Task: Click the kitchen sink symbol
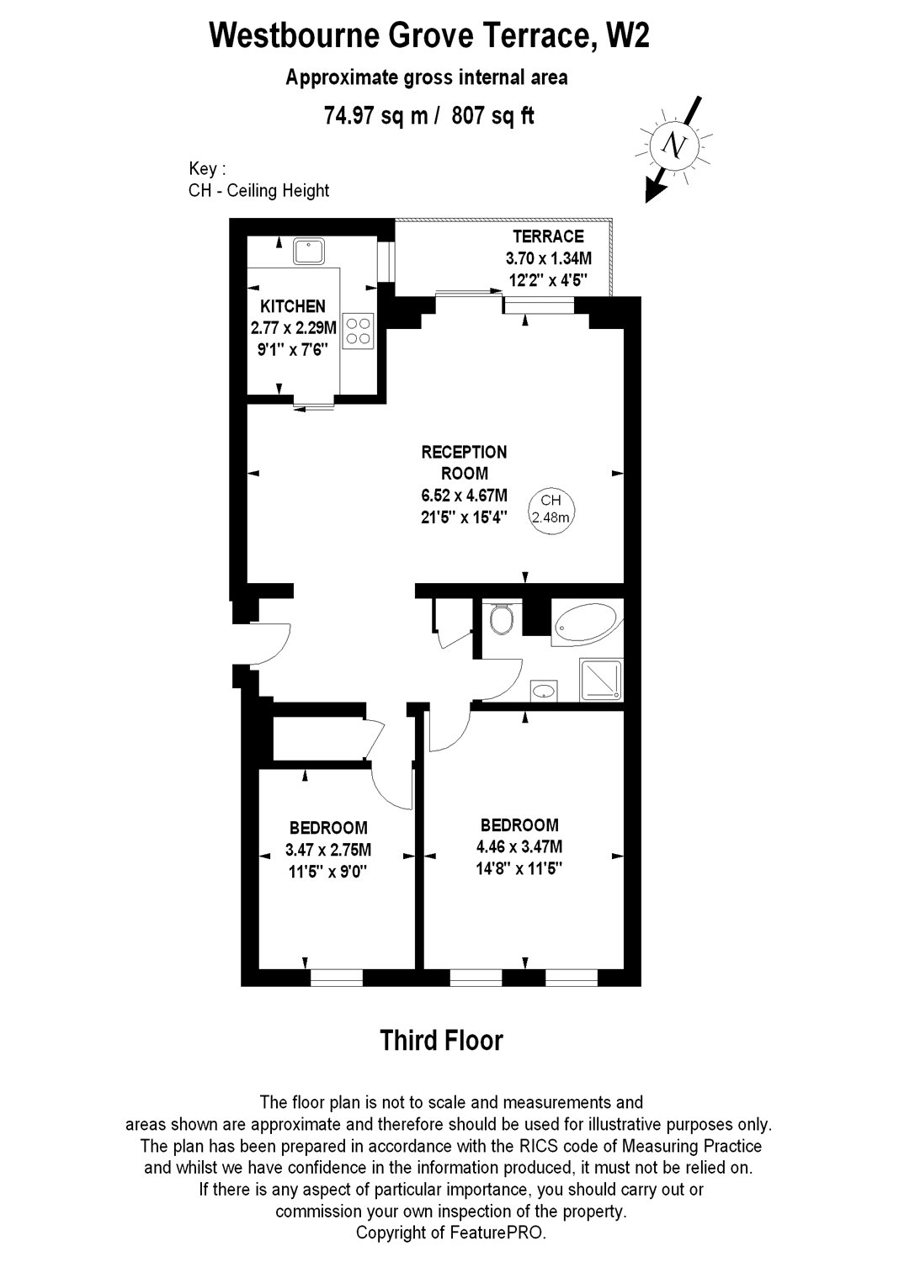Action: (x=308, y=251)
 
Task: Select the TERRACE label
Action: (x=548, y=236)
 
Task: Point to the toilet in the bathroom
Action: (x=501, y=619)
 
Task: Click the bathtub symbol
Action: (x=588, y=623)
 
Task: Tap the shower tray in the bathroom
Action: (x=601, y=680)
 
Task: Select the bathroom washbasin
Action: (x=543, y=690)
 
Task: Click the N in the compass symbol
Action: (x=674, y=146)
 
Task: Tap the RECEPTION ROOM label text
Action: (x=464, y=463)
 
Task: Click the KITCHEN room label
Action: (x=293, y=306)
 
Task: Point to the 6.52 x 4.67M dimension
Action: (x=464, y=496)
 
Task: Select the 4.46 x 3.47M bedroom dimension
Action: (x=519, y=846)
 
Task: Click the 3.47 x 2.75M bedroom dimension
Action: (x=328, y=850)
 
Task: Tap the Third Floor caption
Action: (x=441, y=1040)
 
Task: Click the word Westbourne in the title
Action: (x=294, y=36)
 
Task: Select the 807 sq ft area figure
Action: (x=493, y=116)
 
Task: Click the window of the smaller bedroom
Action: (x=337, y=977)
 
